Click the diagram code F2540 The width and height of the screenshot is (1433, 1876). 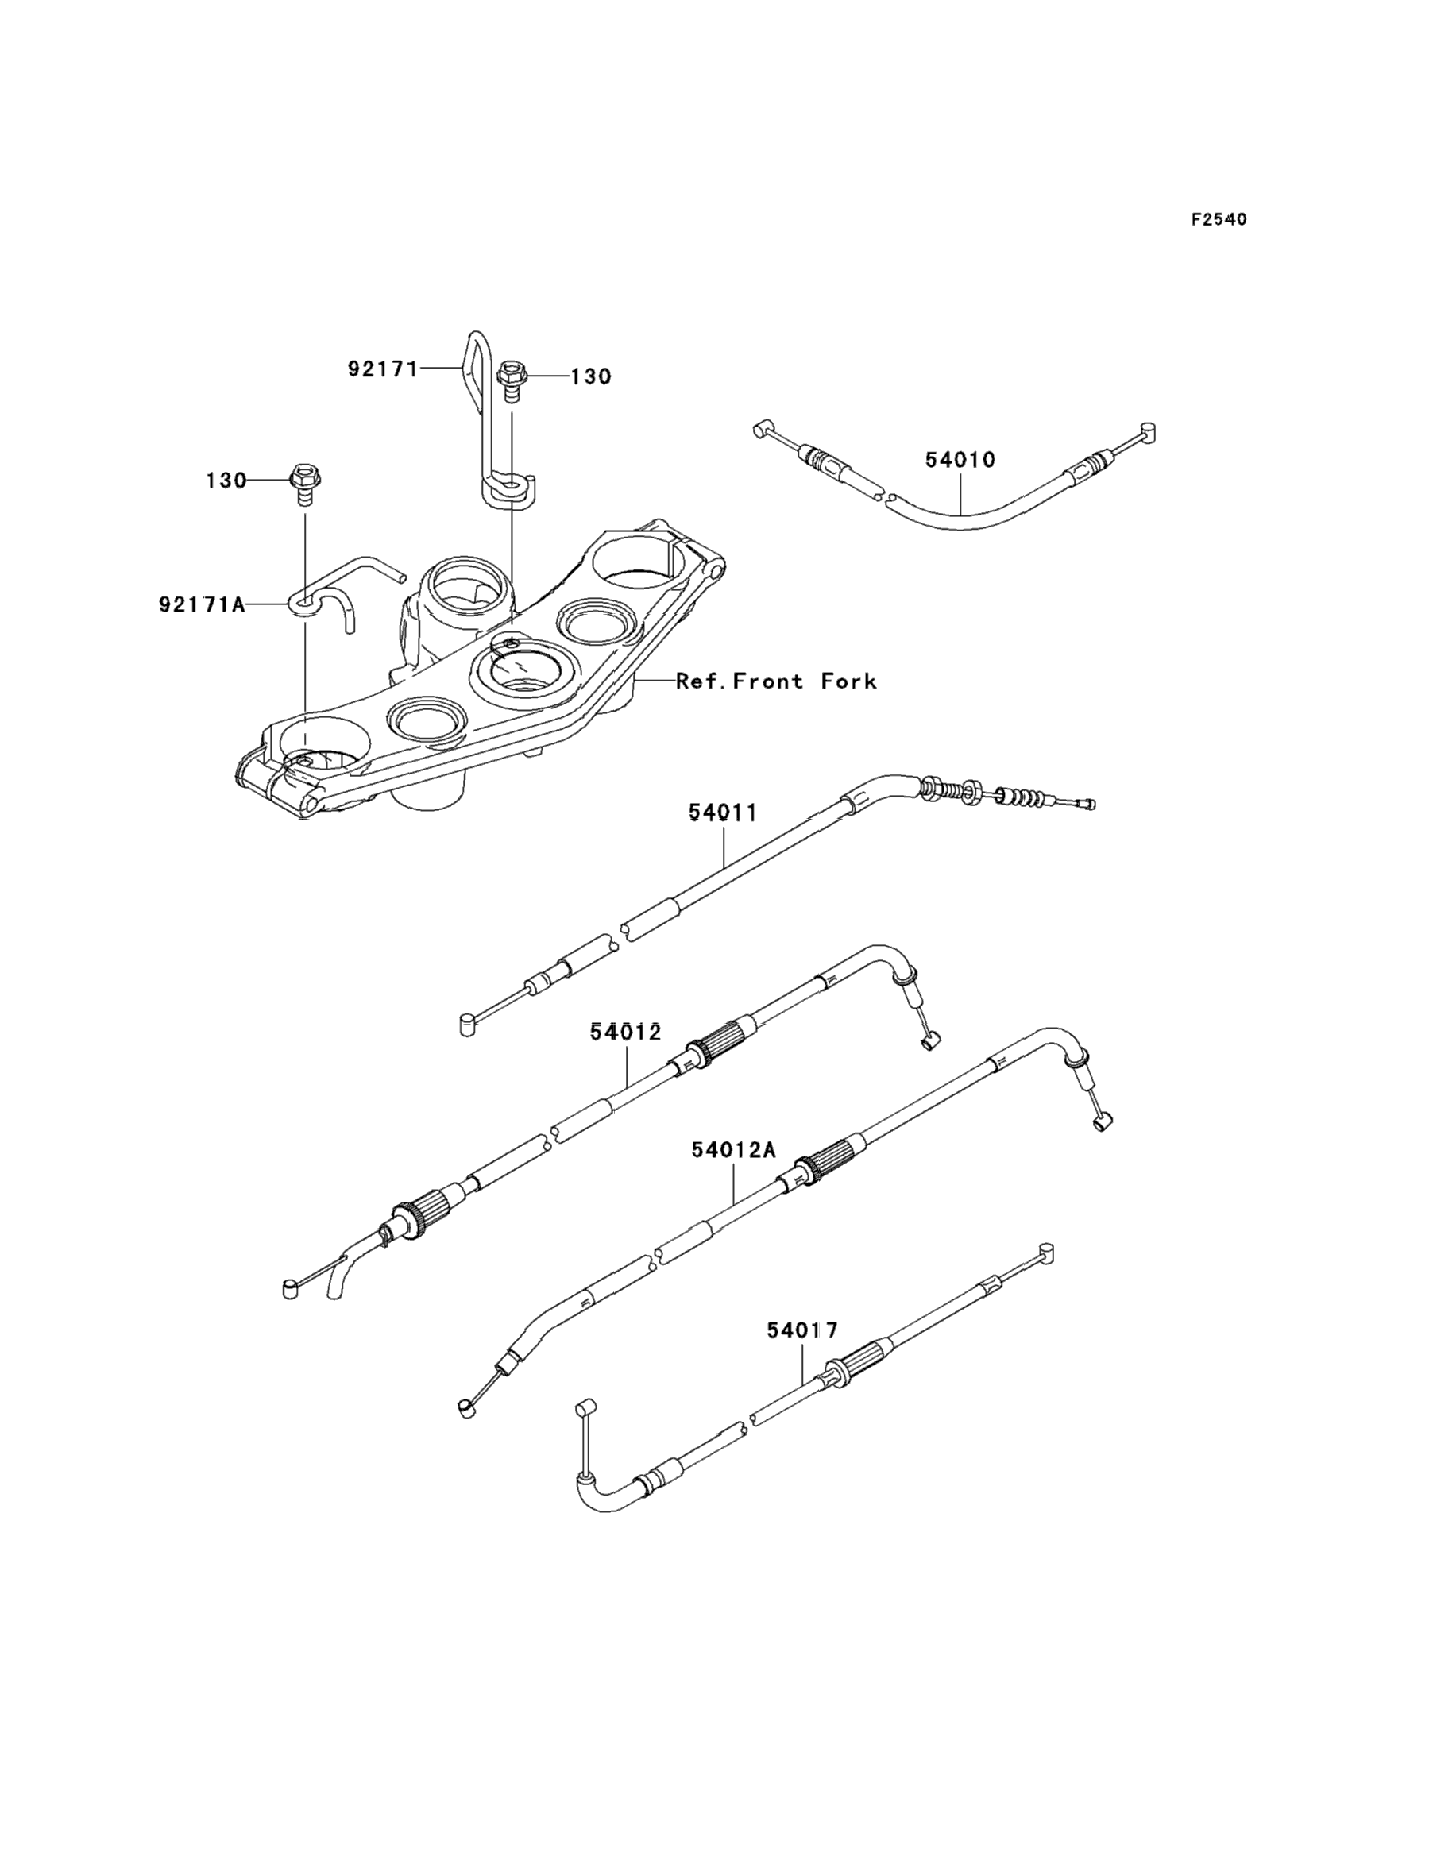click(1219, 220)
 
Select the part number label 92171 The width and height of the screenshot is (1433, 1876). click(383, 369)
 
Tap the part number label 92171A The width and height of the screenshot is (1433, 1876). click(202, 604)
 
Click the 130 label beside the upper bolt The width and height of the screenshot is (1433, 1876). click(591, 377)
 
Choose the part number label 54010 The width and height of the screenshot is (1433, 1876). click(960, 461)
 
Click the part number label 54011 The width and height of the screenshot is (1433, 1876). click(724, 813)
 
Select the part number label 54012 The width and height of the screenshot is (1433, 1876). click(626, 1033)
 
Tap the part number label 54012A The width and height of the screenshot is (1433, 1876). click(733, 1150)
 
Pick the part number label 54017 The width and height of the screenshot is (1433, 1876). click(801, 1330)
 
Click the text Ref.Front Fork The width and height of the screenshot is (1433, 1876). click(776, 681)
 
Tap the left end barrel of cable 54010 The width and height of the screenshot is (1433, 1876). click(761, 430)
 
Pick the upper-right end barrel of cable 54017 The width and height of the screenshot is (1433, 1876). click(1047, 1253)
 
